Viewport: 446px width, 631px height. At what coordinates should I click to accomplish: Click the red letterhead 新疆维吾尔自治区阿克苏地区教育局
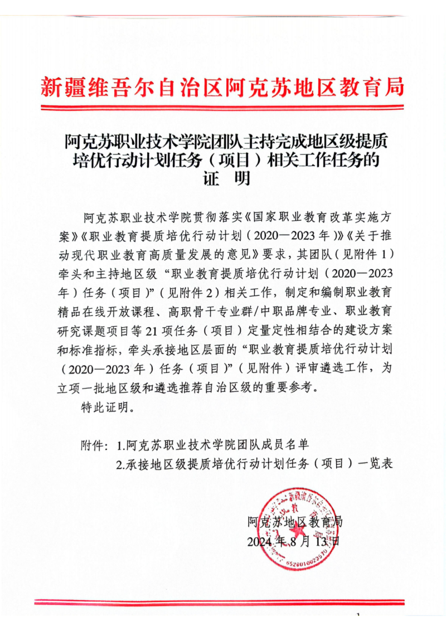click(222, 87)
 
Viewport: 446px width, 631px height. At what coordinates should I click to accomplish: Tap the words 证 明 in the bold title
click(222, 179)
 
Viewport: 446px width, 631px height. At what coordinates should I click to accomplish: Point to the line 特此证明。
click(106, 407)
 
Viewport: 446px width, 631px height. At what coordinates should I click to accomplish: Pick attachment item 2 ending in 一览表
click(255, 464)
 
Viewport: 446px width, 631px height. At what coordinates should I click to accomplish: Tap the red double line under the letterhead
click(222, 106)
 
